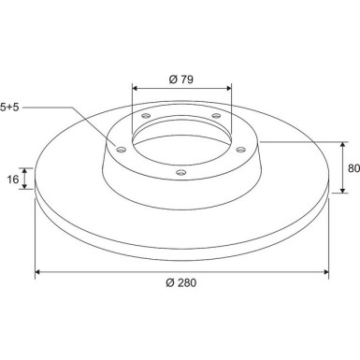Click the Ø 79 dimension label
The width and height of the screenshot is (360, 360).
tap(181, 79)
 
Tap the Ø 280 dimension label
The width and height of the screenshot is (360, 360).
tap(181, 282)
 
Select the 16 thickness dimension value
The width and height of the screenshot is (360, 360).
tap(13, 180)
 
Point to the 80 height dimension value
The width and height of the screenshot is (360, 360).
tap(354, 168)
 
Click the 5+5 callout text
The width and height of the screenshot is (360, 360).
tap(9, 108)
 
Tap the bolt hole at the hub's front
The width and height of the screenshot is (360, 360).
tap(181, 172)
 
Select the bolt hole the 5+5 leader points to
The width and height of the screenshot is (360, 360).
tap(122, 150)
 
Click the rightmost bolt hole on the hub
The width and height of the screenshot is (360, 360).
tap(241, 150)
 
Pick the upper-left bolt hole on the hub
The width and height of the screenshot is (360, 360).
tap(146, 116)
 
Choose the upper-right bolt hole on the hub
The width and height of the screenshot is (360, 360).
tap(216, 116)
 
